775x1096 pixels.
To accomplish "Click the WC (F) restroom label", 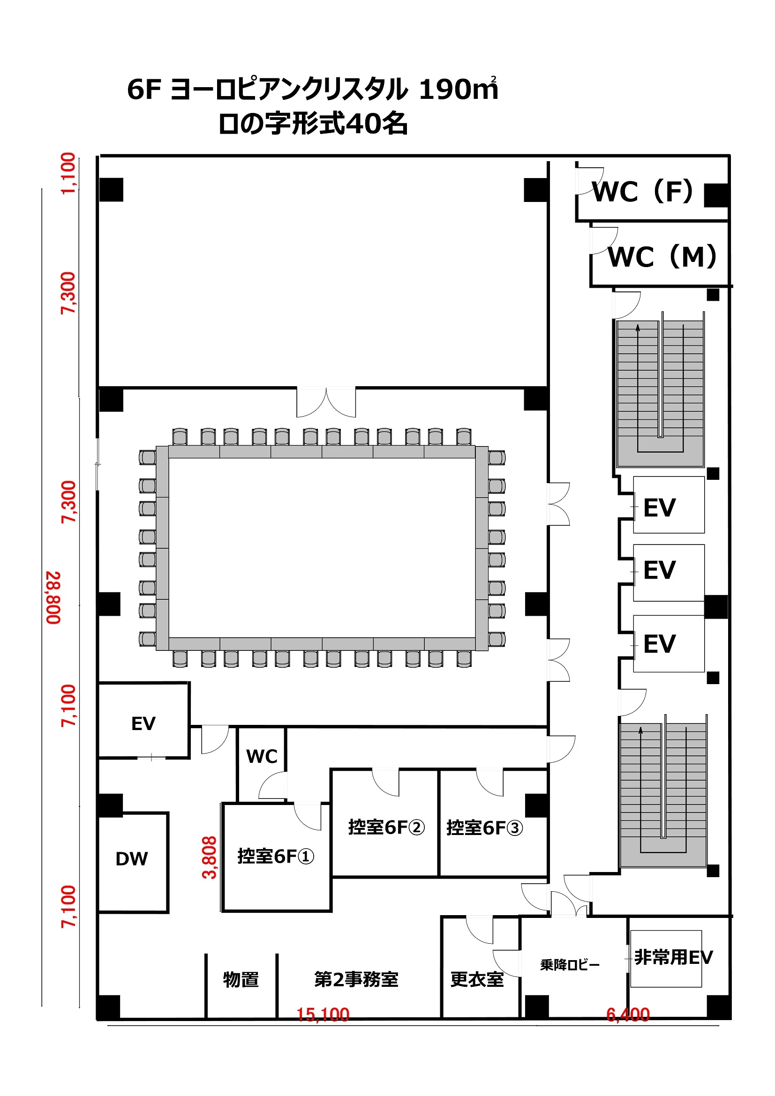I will coord(642,192).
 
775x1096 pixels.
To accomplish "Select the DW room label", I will coord(132,859).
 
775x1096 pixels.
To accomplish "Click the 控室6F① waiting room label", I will coord(276,856).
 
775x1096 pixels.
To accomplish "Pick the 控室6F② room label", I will coord(386,827).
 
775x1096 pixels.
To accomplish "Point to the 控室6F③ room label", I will coord(484,828).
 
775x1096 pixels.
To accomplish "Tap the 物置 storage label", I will coord(241,979).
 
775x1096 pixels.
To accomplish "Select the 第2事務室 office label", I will coord(356,979).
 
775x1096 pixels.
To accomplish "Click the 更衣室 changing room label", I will coord(477,979).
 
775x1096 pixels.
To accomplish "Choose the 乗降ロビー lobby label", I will coord(570,965).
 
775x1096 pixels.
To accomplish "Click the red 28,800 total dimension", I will coord(53,597).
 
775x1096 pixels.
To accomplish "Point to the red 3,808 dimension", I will coord(210,857).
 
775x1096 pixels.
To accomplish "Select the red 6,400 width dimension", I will coord(627,1014).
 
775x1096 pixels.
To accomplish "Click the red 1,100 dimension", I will coord(68,173).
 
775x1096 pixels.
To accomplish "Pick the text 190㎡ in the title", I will coord(459,89).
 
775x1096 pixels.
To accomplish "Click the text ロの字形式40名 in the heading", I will coord(313,124).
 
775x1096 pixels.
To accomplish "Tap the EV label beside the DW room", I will coord(143,723).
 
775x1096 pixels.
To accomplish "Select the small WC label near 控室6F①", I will coord(262,756).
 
